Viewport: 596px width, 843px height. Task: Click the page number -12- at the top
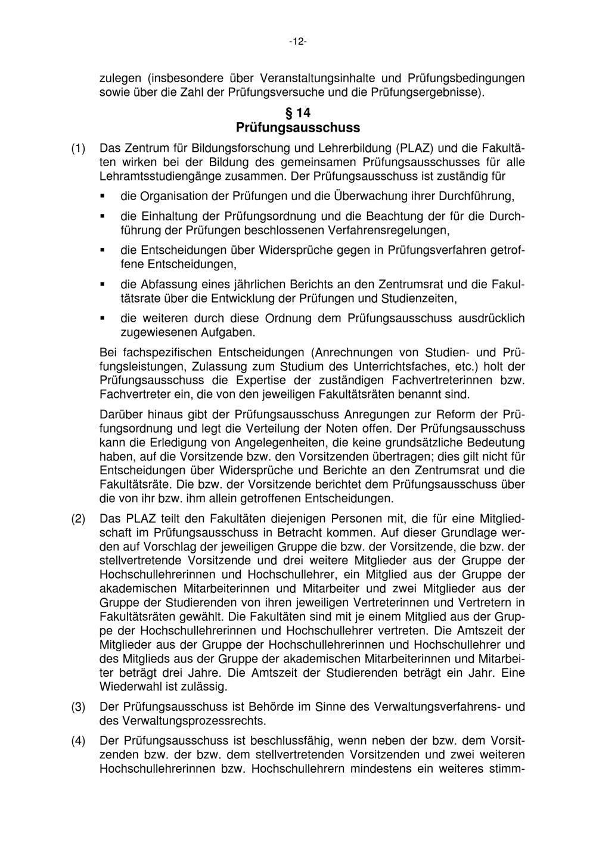click(x=297, y=41)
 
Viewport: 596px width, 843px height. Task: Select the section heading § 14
click(x=297, y=112)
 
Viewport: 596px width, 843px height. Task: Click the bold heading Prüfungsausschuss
click(x=297, y=127)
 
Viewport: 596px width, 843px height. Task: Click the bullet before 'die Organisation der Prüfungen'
click(x=103, y=195)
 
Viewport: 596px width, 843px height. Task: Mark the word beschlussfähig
click(x=284, y=741)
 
